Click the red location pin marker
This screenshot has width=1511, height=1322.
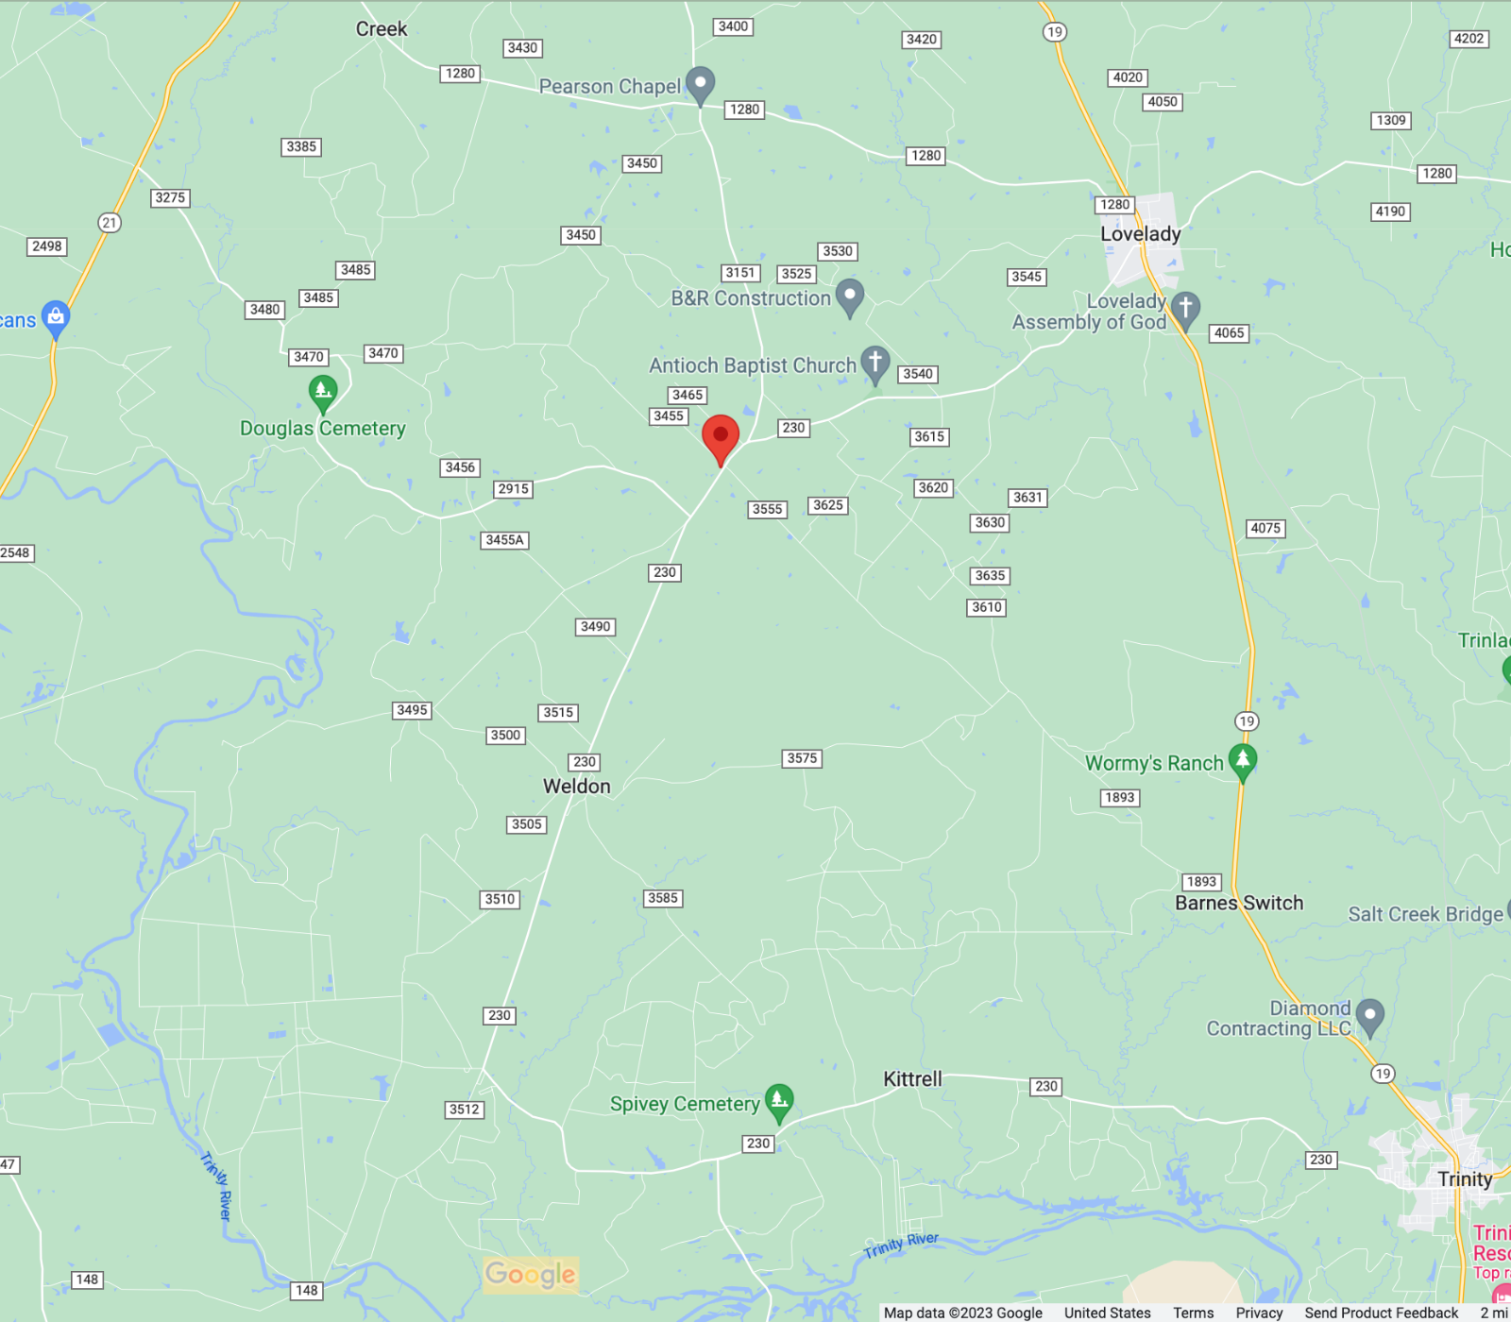pyautogui.click(x=721, y=437)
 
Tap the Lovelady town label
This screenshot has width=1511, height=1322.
pyautogui.click(x=1140, y=234)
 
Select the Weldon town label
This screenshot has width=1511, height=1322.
pyautogui.click(x=576, y=787)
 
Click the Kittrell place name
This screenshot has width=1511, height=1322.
pyautogui.click(x=912, y=1079)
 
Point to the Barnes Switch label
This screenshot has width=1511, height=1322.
pyautogui.click(x=1238, y=904)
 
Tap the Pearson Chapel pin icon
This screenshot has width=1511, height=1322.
pyautogui.click(x=700, y=84)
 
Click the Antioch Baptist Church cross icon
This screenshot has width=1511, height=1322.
pyautogui.click(x=875, y=363)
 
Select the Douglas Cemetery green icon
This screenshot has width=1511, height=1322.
pyautogui.click(x=323, y=392)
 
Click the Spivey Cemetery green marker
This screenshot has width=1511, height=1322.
pyautogui.click(x=779, y=1100)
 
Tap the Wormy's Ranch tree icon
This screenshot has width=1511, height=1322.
pyautogui.click(x=1243, y=760)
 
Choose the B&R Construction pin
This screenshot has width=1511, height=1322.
pyautogui.click(x=850, y=296)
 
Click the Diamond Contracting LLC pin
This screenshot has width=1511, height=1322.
pyautogui.click(x=1369, y=1016)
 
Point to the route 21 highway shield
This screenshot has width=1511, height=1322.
pyautogui.click(x=110, y=223)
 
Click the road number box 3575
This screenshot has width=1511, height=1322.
pyautogui.click(x=802, y=758)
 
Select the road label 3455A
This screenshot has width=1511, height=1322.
pyautogui.click(x=504, y=540)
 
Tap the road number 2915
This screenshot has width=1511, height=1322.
pyautogui.click(x=513, y=489)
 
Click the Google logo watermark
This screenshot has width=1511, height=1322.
pyautogui.click(x=530, y=1275)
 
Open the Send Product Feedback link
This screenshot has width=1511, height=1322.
pyautogui.click(x=1381, y=1313)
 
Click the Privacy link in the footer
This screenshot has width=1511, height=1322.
pyautogui.click(x=1259, y=1313)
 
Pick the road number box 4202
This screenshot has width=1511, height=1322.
pyautogui.click(x=1469, y=39)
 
